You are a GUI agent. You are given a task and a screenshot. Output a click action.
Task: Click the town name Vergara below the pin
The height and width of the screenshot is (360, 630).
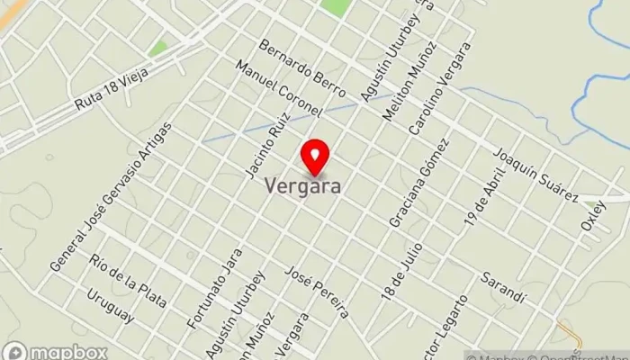coord(302,186)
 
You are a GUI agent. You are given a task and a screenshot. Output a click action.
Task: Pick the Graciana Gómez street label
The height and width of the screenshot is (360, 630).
coord(418,184)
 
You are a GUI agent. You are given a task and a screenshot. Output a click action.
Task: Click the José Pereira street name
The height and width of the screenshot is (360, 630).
coord(316,292)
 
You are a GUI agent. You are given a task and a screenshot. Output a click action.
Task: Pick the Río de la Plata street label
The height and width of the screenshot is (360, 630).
coord(129,282)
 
